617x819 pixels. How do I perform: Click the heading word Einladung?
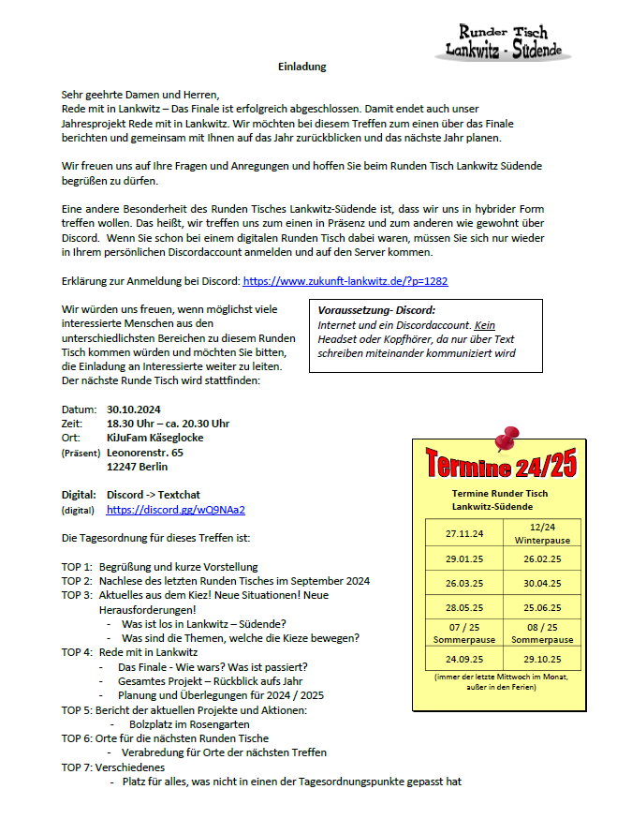coord(302,67)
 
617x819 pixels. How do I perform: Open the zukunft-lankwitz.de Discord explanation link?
coord(345,280)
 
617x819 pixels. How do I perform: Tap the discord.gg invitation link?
coord(176,510)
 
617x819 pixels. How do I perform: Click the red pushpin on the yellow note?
coord(507,439)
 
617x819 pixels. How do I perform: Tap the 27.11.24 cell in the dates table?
coord(465,534)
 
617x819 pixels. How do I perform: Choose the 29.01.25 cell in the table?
coord(465,558)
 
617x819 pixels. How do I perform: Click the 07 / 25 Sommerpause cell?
coord(465,632)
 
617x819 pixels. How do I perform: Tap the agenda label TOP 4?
coord(77,651)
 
